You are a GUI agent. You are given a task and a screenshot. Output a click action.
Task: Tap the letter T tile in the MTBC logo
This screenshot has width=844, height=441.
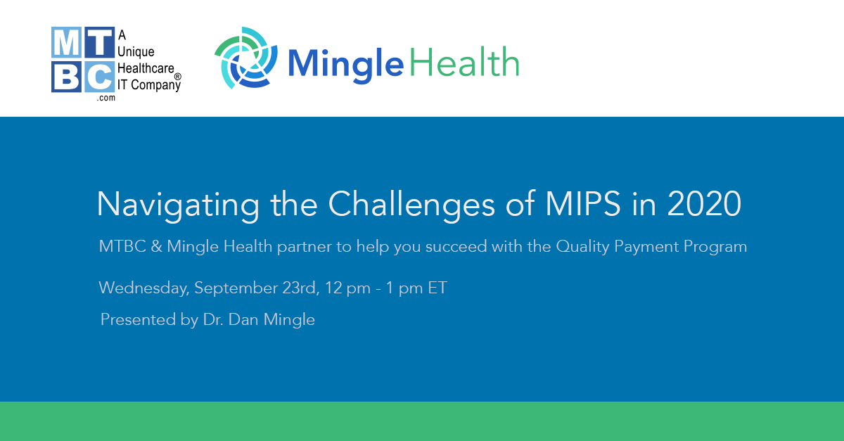pyautogui.click(x=100, y=44)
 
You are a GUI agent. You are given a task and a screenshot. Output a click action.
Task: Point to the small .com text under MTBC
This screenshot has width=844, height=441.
pyautogui.click(x=105, y=98)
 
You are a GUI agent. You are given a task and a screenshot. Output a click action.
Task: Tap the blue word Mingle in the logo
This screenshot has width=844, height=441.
pyautogui.click(x=345, y=63)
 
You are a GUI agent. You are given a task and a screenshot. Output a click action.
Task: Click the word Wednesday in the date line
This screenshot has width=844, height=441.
pyautogui.click(x=143, y=288)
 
